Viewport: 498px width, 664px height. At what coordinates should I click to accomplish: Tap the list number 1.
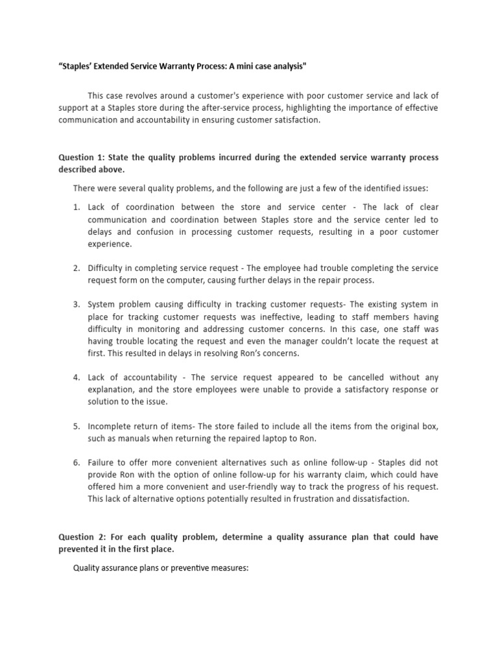(76, 207)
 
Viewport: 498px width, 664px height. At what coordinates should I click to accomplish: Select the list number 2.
(76, 268)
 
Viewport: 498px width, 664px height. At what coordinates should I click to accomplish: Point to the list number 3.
(76, 304)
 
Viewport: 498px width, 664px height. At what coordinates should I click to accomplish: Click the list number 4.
(76, 377)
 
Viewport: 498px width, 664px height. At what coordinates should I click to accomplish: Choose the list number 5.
(76, 426)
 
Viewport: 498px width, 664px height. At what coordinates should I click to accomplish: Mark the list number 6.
(76, 462)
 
